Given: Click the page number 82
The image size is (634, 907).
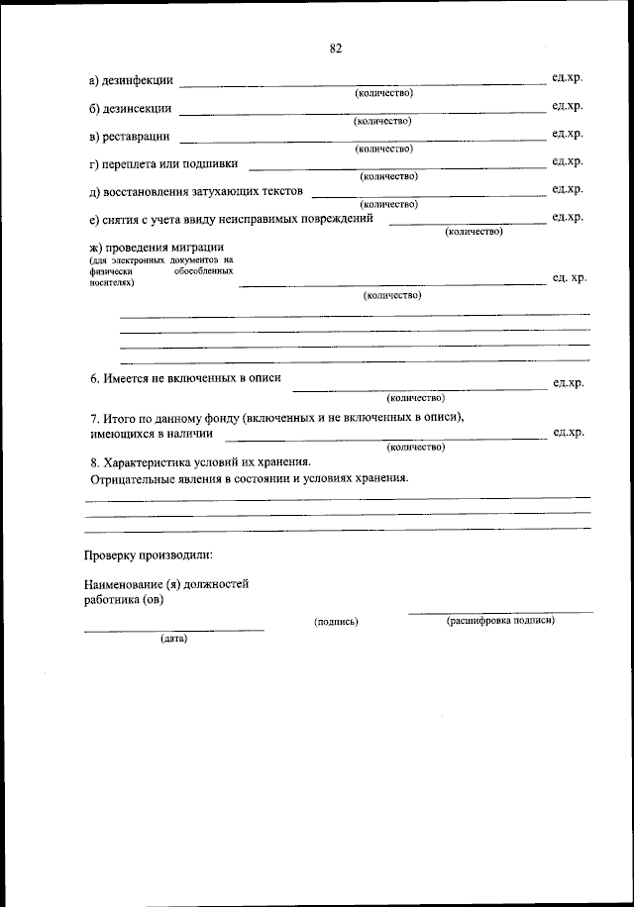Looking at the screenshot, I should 335,48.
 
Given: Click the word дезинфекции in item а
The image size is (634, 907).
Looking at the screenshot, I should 140,80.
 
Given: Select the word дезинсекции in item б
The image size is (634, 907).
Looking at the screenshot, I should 139,108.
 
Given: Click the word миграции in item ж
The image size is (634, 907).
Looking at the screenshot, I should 199,247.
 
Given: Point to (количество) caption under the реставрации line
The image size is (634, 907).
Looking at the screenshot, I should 382,149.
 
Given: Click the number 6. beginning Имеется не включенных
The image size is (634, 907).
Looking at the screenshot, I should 94,378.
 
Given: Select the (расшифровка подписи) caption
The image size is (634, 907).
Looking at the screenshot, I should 500,620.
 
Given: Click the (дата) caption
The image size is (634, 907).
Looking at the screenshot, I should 173,639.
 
